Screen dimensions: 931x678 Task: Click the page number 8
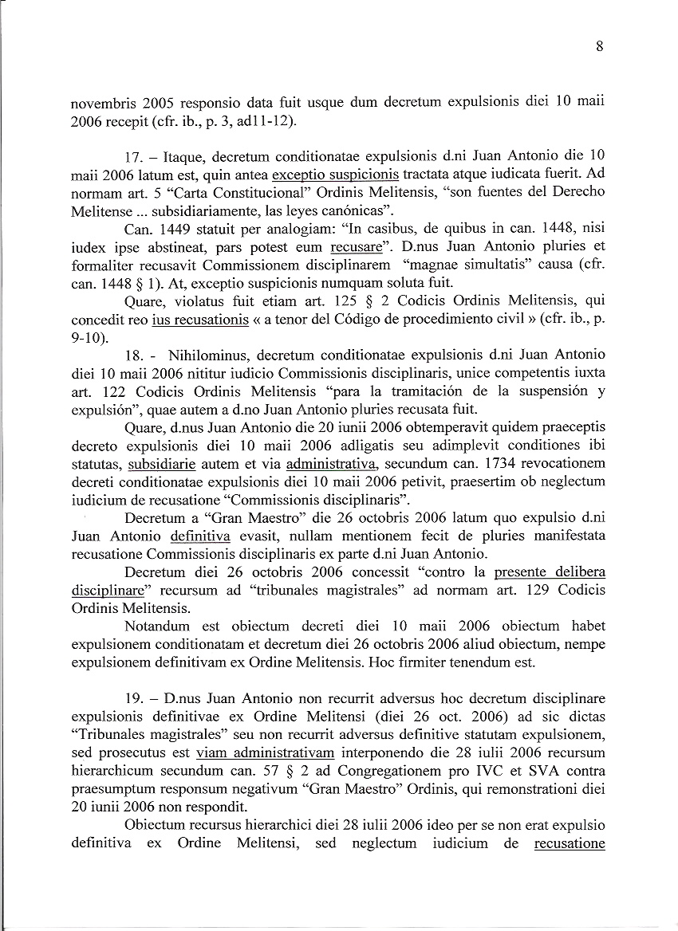coord(599,46)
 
